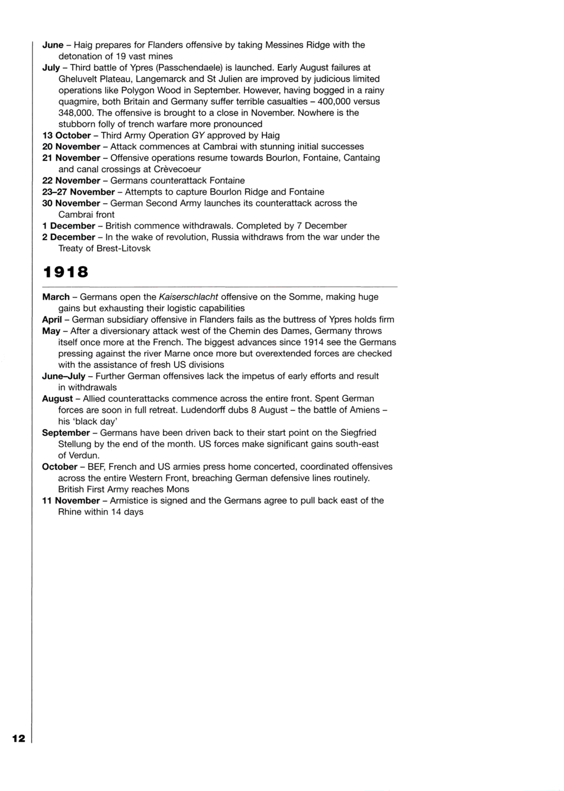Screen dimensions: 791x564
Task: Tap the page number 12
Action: (19, 738)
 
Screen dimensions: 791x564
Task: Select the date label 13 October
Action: (66, 135)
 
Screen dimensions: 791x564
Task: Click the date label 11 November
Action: (71, 501)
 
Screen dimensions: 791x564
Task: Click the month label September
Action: (66, 433)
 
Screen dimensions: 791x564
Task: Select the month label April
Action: (52, 320)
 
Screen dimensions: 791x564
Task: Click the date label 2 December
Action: (68, 237)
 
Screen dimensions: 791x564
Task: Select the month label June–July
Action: (63, 376)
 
